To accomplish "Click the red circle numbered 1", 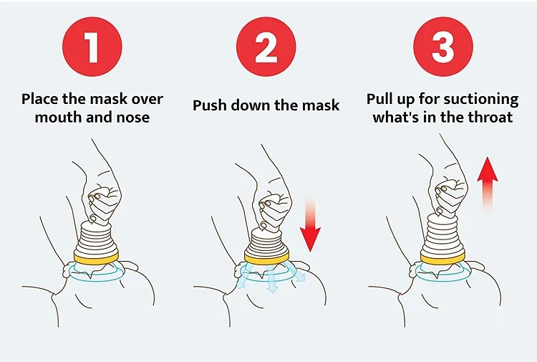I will tap(92, 47).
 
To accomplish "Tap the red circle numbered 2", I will tap(266, 47).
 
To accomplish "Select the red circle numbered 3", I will tap(442, 47).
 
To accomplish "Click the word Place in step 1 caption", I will tap(41, 99).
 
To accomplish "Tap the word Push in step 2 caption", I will tap(210, 106).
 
